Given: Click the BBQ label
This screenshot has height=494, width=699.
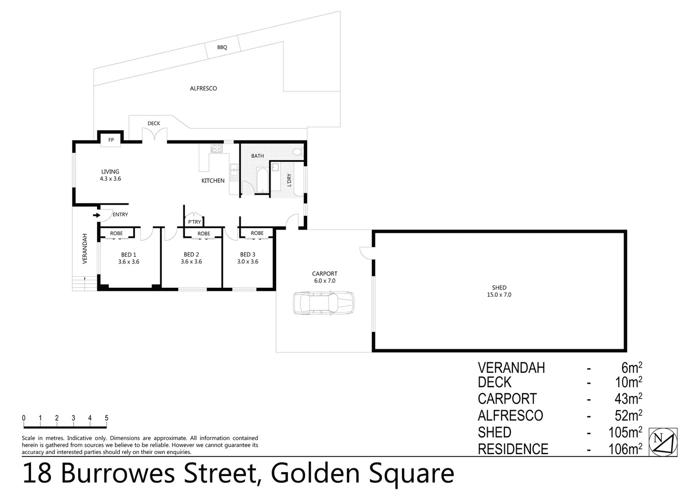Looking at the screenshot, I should pos(222,48).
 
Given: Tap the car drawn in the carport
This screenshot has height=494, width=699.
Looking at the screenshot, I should pos(324,303).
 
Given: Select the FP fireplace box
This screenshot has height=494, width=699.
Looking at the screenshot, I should pos(111,140).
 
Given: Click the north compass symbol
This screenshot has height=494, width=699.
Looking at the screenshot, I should pos(663,442).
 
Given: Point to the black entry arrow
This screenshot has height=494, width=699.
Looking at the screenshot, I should pos(96,215).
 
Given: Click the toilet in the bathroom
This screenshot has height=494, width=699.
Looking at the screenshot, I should pos(297,152).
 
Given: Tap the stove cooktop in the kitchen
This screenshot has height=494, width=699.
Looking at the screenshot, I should pos(216,149).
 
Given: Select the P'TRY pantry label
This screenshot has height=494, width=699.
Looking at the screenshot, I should pos(194,222).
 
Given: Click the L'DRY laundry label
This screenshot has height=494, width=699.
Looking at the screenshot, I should pos(289,180).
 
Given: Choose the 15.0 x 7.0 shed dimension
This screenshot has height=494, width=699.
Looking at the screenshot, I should pos(499,295).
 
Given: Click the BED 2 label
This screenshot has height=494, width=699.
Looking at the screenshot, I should pos(191,254).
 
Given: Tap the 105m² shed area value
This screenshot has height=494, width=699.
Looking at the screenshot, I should pos(625,432).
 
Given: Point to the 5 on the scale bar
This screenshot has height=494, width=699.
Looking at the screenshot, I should pos(107,418).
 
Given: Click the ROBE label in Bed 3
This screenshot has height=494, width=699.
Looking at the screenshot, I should pos(257,233).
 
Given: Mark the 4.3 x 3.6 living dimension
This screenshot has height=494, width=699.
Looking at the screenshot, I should pos(110,179).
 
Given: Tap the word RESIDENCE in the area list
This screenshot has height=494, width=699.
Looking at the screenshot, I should pos(512,449).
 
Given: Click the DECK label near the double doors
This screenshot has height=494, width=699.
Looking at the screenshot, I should pos(154,123).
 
